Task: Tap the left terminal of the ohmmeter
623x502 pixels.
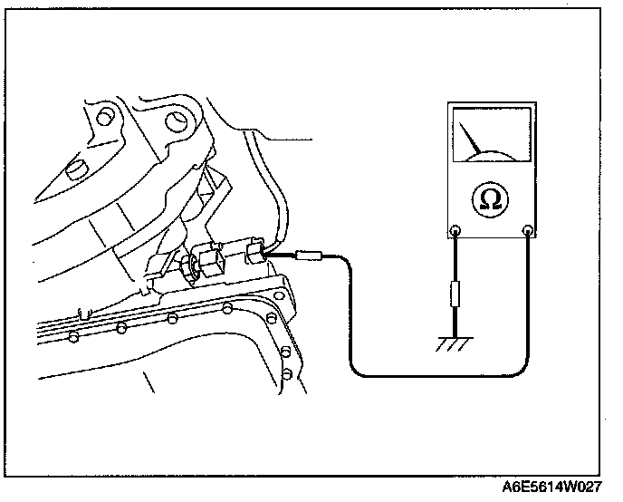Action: coord(455,231)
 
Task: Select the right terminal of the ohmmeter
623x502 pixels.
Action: coord(529,231)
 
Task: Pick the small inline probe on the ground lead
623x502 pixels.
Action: coord(455,294)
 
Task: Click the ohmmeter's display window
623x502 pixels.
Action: coord(492,134)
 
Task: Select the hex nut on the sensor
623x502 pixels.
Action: coord(191,267)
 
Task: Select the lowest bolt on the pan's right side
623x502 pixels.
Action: coord(286,373)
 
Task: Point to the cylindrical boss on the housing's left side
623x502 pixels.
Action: coord(76,169)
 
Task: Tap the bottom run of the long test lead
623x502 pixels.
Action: coord(435,374)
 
